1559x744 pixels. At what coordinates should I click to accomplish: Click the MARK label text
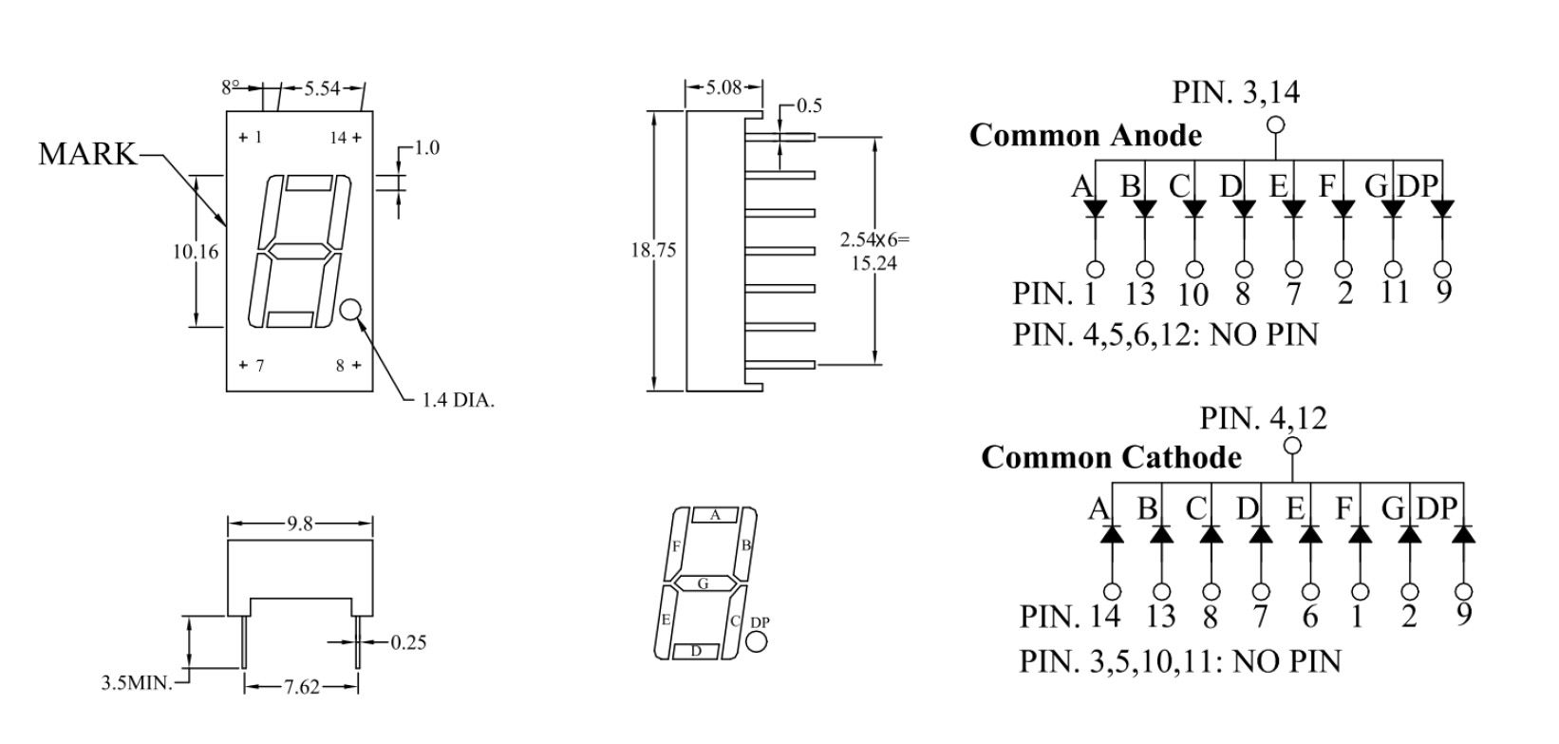click(x=87, y=154)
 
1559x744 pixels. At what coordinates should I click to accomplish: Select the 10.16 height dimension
click(x=196, y=252)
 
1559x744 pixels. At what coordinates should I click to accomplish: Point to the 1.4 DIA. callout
click(x=458, y=401)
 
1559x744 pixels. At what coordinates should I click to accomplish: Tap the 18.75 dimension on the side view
click(x=653, y=250)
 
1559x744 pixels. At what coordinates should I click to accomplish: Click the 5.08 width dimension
click(x=723, y=87)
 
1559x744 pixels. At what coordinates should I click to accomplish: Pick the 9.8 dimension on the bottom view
click(x=300, y=524)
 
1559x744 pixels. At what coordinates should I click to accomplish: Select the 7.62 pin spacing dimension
click(x=301, y=688)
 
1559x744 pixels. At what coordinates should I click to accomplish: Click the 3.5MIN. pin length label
click(x=137, y=682)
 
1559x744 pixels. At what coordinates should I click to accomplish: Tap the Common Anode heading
click(x=1086, y=135)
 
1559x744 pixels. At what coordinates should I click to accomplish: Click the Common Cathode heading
click(x=1112, y=458)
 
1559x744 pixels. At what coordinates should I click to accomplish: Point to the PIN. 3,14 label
click(x=1236, y=92)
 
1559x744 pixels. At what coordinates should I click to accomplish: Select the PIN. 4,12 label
click(x=1263, y=418)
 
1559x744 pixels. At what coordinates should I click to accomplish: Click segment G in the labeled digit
click(x=703, y=583)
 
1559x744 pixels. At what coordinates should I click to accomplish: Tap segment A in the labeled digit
click(x=714, y=515)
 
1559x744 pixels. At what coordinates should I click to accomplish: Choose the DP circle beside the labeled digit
click(x=756, y=641)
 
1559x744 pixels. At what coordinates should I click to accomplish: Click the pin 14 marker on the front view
click(x=346, y=138)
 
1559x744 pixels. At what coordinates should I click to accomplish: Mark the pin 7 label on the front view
click(x=252, y=365)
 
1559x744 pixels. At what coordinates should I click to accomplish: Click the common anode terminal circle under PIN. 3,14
click(x=1275, y=124)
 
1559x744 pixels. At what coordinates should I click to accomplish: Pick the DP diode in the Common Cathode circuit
click(x=1464, y=534)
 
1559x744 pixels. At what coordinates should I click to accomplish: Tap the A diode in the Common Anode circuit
click(x=1096, y=209)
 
